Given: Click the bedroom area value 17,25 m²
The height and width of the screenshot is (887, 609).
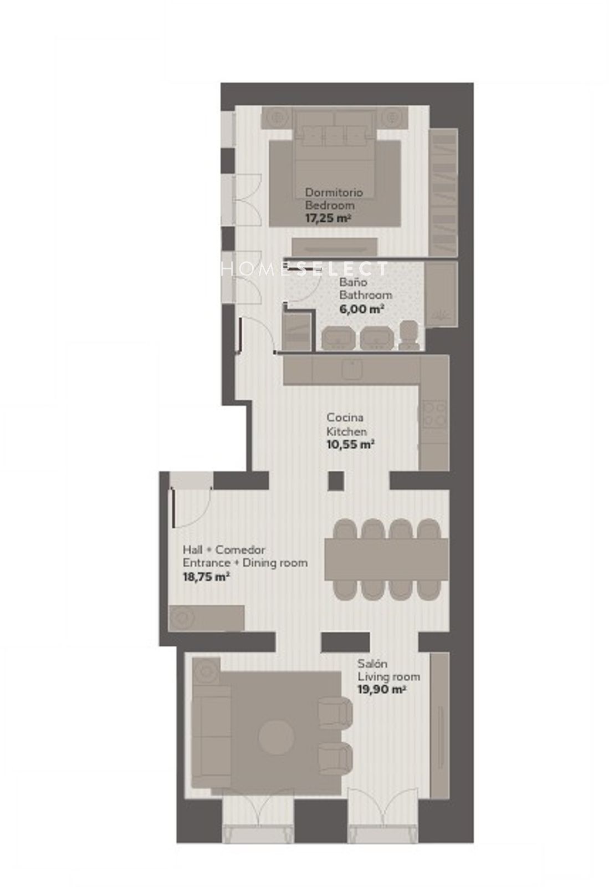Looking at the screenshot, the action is tap(328, 218).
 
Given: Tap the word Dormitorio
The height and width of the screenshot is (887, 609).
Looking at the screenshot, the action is tap(334, 193).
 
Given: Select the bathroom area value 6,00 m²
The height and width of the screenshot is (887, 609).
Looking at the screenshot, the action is tap(362, 309).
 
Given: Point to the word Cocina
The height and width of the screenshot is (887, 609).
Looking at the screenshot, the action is tap(345, 417).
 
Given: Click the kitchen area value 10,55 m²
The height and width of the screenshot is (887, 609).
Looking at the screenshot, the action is tap(350, 444).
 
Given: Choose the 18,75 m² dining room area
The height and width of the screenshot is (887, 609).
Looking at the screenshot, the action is tap(206, 577).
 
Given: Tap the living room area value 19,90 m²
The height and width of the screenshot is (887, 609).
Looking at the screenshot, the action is tap(382, 690).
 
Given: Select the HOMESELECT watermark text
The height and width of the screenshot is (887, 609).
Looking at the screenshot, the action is tap(304, 269).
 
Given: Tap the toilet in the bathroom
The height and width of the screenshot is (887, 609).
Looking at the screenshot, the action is tap(409, 335).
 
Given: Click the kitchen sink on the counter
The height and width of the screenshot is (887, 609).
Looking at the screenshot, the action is tap(352, 369).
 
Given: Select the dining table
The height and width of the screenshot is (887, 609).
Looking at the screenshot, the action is tap(386, 559).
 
